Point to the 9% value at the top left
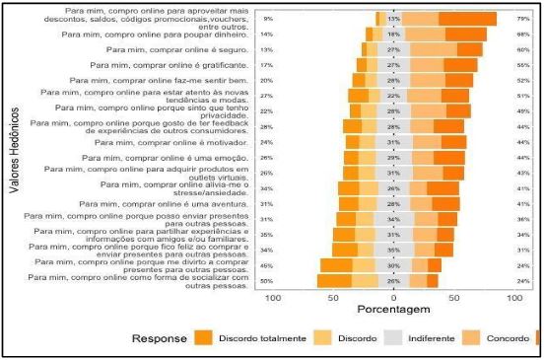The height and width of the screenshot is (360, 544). (x=268, y=19)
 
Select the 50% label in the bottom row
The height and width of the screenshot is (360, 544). (x=267, y=281)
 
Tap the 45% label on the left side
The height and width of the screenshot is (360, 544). (x=267, y=265)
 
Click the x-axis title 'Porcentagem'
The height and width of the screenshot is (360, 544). (x=392, y=310)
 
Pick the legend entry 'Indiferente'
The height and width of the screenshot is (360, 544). (x=434, y=338)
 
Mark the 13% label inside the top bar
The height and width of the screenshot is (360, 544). (x=392, y=19)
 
